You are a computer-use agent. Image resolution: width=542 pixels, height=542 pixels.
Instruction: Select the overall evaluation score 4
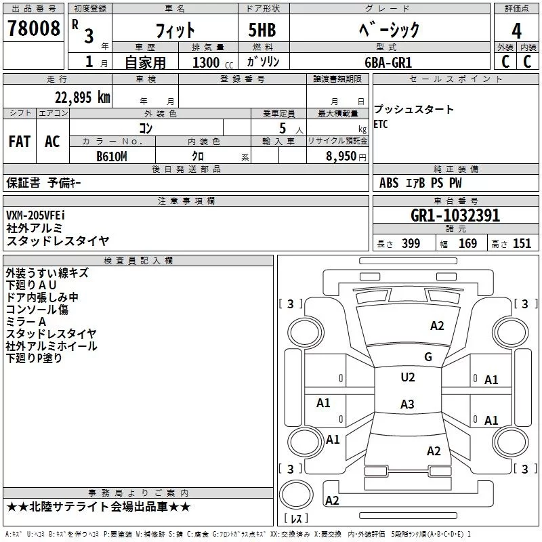click(x=517, y=31)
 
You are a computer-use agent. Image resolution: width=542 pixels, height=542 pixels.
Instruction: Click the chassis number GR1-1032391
click(x=455, y=215)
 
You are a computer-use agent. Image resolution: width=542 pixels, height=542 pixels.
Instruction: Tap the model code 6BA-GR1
click(x=388, y=62)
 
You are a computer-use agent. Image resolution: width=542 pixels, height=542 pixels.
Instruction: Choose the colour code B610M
click(x=112, y=157)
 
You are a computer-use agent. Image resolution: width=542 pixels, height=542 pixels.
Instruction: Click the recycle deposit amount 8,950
click(x=334, y=157)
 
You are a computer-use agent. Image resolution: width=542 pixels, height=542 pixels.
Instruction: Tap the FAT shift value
click(x=19, y=142)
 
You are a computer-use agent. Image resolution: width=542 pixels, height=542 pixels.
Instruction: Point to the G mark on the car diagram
click(x=428, y=357)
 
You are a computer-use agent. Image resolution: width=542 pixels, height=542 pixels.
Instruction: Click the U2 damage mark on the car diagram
click(x=407, y=377)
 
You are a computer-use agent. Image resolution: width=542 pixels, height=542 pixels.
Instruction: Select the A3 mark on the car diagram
click(x=406, y=404)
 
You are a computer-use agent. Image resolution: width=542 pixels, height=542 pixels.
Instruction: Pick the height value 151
click(x=522, y=244)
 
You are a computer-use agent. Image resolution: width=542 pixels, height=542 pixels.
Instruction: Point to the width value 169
click(x=467, y=244)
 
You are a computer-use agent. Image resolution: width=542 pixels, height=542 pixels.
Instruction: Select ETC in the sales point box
click(x=381, y=124)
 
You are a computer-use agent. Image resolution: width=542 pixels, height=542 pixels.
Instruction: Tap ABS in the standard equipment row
click(x=389, y=183)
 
